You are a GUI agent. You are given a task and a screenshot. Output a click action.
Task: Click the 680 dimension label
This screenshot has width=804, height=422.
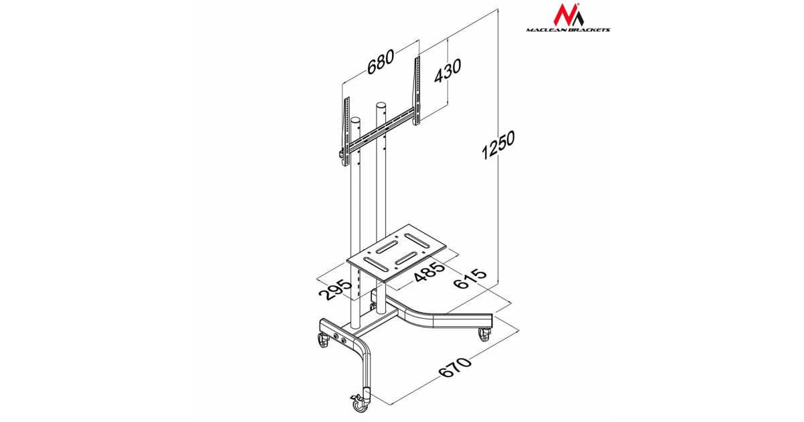[x=381, y=62]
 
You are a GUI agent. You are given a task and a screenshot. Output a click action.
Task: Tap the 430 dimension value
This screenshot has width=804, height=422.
[x=448, y=71]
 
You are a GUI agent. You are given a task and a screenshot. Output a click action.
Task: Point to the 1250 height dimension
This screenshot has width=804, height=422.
[x=498, y=145]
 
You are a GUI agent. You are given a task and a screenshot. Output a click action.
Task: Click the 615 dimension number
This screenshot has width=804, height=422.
[x=470, y=278]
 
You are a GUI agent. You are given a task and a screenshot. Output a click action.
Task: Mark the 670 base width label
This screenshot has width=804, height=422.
[x=455, y=367]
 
